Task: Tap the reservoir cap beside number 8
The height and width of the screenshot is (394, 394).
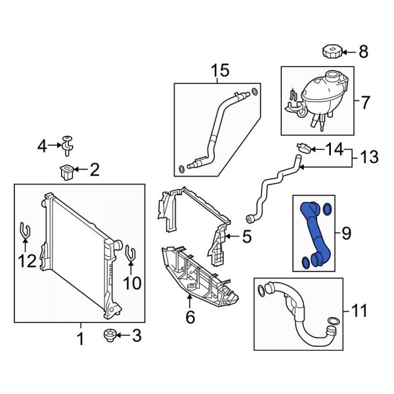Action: (x=330, y=50)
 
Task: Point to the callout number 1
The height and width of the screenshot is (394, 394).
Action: (x=81, y=339)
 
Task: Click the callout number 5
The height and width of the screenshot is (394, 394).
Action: (x=246, y=237)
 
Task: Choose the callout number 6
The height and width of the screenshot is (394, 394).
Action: (x=190, y=317)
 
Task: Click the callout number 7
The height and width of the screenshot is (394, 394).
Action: (x=365, y=102)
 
